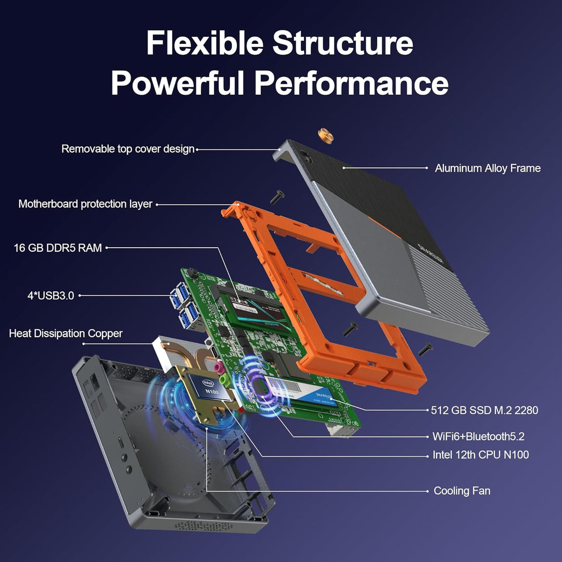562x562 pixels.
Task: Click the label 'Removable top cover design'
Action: [x=127, y=149]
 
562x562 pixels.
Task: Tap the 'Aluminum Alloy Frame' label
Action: [x=488, y=168]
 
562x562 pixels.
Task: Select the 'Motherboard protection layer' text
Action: [x=85, y=204]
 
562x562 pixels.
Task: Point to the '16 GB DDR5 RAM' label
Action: [x=58, y=248]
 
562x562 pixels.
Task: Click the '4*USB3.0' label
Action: [x=50, y=296]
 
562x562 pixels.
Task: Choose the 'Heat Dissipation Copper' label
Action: [x=66, y=334]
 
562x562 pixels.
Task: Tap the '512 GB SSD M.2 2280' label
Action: [x=484, y=410]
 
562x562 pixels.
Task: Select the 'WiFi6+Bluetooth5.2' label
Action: [x=482, y=436]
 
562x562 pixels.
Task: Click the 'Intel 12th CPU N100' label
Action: [x=481, y=455]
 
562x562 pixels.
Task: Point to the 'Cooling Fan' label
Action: [x=462, y=491]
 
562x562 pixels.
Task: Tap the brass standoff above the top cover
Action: [x=326, y=136]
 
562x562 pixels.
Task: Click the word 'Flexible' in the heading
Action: [x=205, y=44]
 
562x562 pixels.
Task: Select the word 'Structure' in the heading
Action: [x=343, y=44]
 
